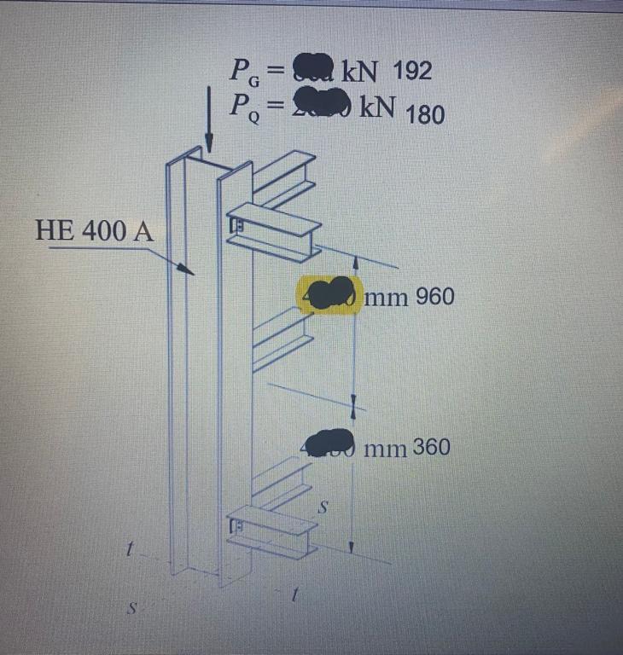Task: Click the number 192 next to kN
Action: coord(413,71)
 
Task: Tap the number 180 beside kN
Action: coord(425,113)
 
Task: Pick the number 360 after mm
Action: coord(432,447)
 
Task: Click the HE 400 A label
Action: coord(95,230)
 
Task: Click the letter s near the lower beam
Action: coord(323,507)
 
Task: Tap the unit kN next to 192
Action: coord(365,71)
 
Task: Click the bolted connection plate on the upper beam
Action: coord(238,226)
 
